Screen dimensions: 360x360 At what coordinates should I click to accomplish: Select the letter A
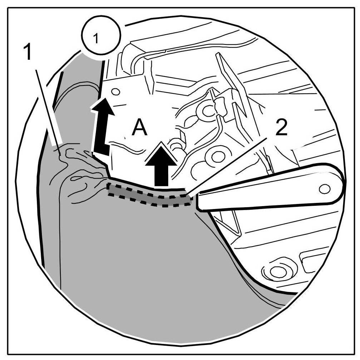(140, 128)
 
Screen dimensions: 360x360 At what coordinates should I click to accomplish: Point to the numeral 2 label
(281, 127)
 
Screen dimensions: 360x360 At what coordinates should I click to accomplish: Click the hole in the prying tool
(324, 188)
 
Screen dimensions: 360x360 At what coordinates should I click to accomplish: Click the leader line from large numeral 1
(47, 104)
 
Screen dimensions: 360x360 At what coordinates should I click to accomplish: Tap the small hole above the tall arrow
(115, 92)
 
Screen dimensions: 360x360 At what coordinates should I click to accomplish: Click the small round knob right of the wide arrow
(176, 146)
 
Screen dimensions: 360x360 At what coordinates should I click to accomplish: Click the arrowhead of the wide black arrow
(161, 154)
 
